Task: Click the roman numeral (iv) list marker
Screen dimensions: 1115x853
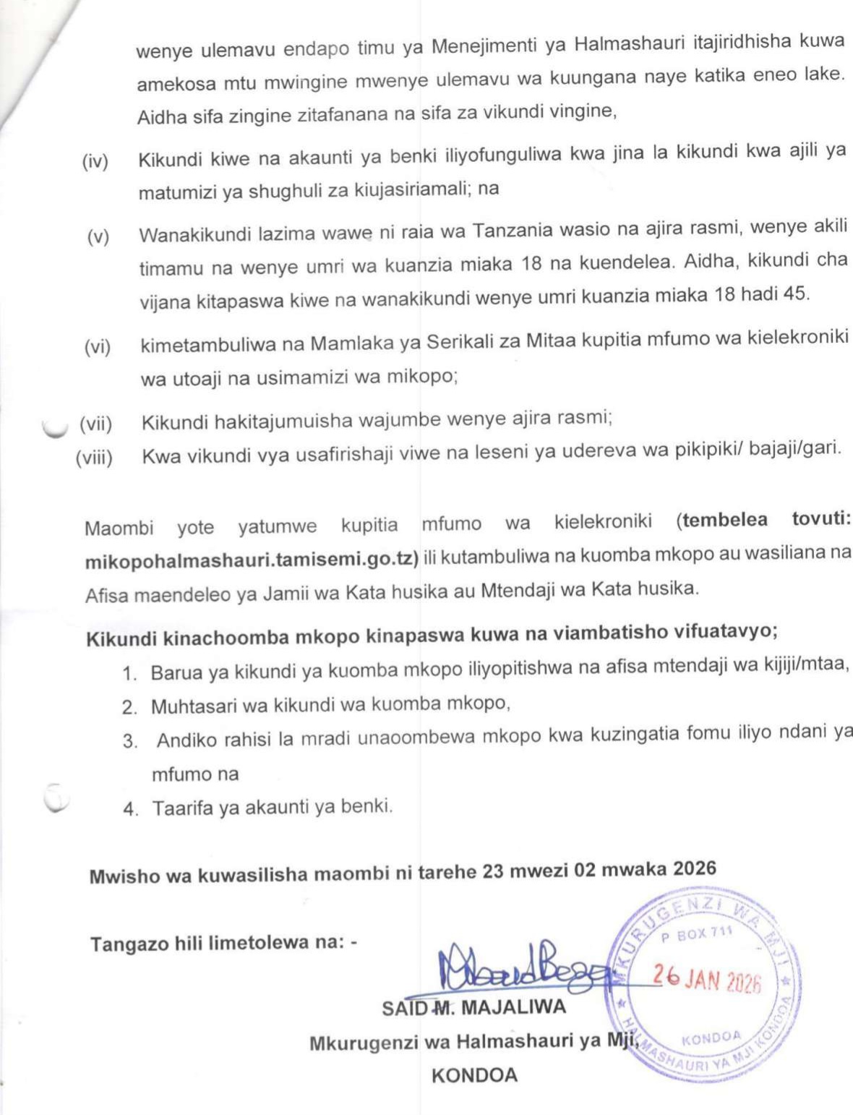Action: click(95, 161)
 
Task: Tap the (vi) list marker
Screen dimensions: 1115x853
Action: click(97, 347)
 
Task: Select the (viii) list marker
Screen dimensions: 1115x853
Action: click(94, 458)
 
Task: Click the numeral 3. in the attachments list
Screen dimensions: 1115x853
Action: click(130, 742)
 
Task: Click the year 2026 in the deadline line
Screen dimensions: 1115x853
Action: click(694, 868)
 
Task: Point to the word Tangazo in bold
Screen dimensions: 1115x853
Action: click(124, 944)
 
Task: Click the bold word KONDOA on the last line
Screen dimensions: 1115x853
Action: click(474, 1075)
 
